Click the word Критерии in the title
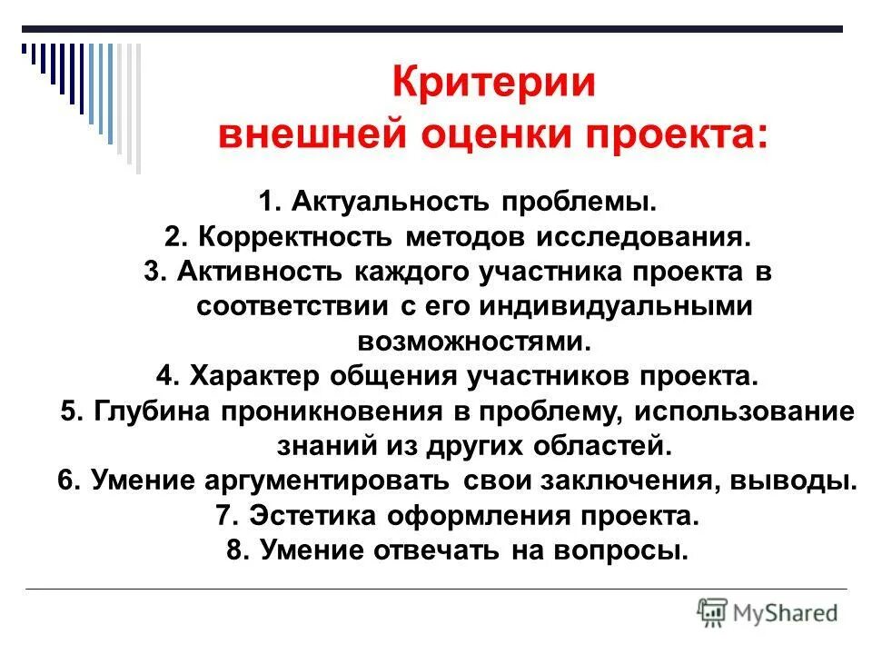coord(494,84)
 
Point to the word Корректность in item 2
coord(297,236)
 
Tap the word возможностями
coord(471,341)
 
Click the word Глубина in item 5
coord(149,411)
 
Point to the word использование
coord(745,411)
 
